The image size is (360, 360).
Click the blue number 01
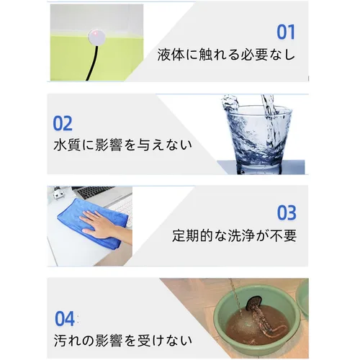pyautogui.click(x=286, y=32)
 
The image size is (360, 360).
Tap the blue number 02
pyautogui.click(x=63, y=123)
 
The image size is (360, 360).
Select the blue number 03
pyautogui.click(x=287, y=212)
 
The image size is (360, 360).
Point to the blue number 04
pyautogui.click(x=65, y=318)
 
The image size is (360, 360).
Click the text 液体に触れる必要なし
pyautogui.click(x=226, y=55)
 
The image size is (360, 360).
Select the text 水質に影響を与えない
pyautogui.click(x=122, y=145)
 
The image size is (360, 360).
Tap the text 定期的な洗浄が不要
pyautogui.click(x=234, y=235)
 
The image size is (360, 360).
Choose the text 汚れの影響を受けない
pyautogui.click(x=122, y=341)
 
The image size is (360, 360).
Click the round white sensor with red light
pyautogui.click(x=96, y=37)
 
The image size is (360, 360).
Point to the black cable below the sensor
pyautogui.click(x=92, y=63)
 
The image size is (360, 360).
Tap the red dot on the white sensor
pyautogui.click(x=95, y=32)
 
